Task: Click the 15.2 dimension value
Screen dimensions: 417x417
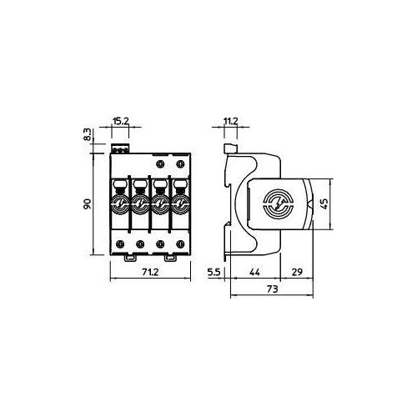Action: (x=121, y=121)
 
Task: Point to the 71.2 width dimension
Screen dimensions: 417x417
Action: (x=150, y=273)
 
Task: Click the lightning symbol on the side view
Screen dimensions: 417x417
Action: (x=277, y=203)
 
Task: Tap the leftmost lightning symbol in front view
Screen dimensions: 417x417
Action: (x=119, y=203)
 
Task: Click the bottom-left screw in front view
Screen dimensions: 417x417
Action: (x=120, y=244)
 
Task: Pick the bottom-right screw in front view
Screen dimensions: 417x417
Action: (x=179, y=244)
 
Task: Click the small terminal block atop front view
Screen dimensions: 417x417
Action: (x=121, y=148)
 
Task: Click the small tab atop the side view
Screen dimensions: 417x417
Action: (x=231, y=148)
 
